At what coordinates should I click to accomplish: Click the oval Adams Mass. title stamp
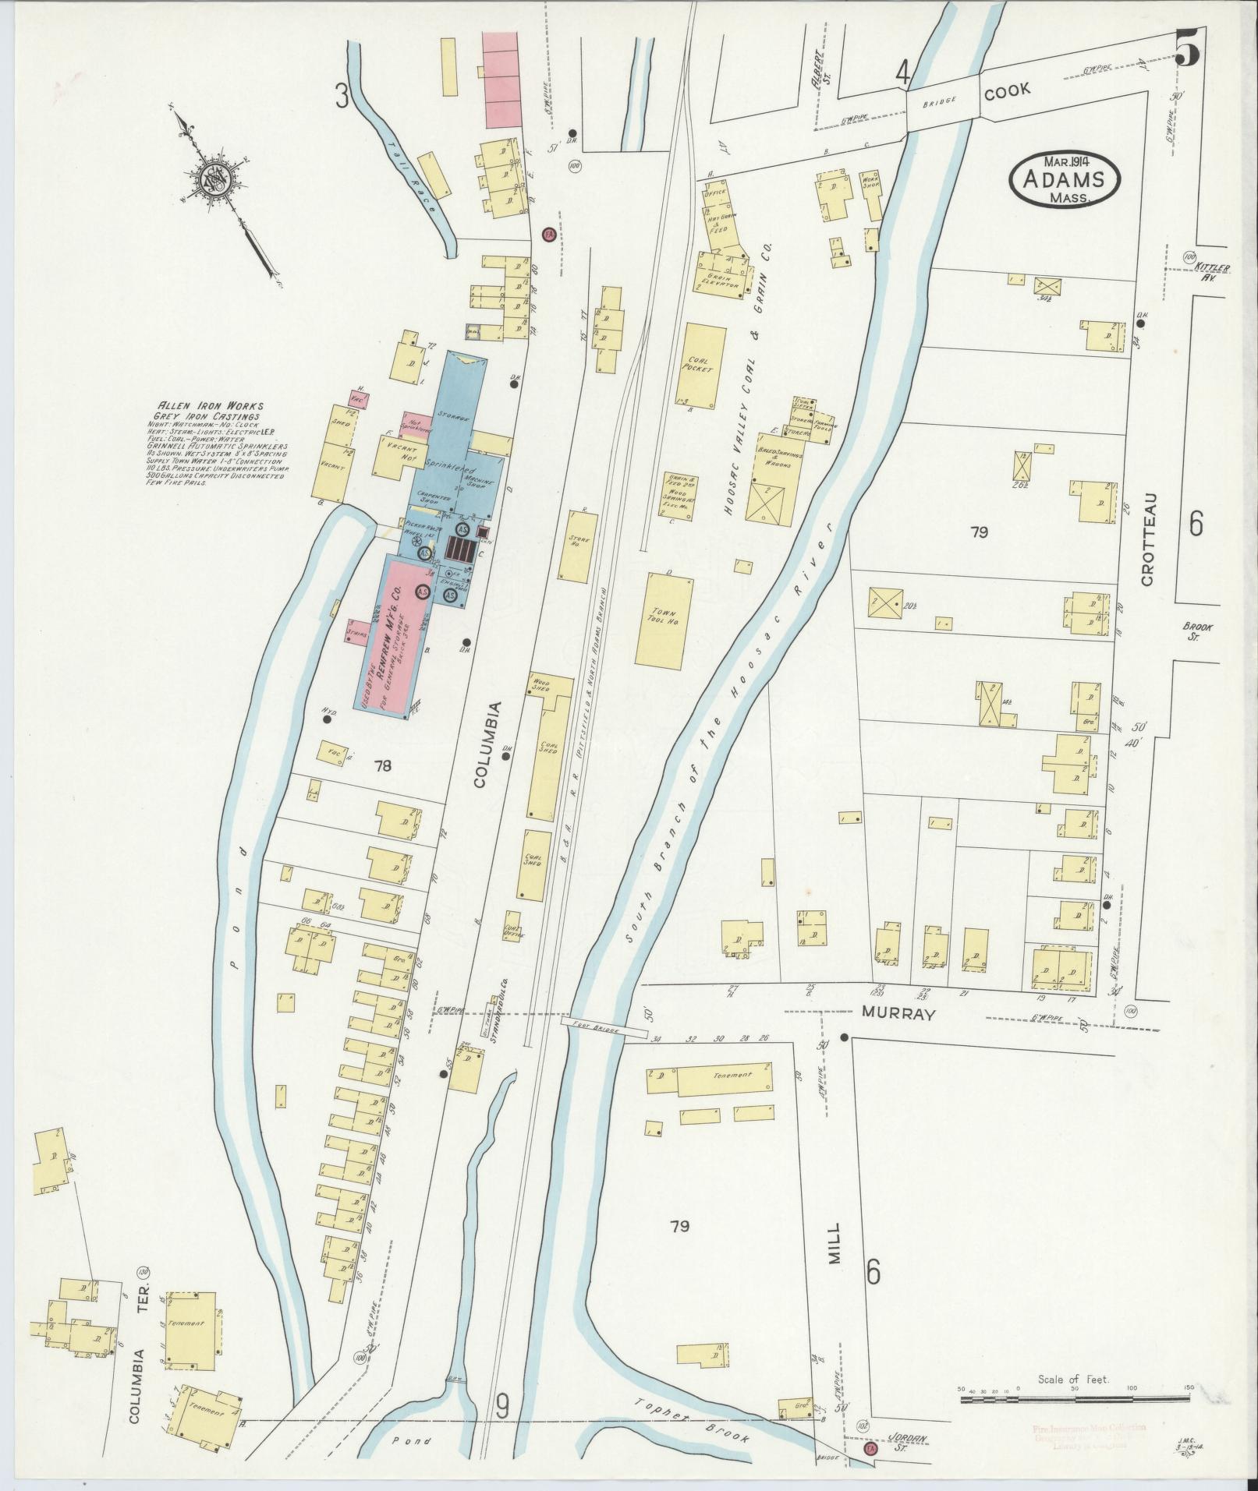click(1064, 180)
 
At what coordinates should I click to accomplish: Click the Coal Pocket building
click(703, 367)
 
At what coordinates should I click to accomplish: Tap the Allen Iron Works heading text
click(211, 405)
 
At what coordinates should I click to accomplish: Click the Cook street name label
click(1007, 90)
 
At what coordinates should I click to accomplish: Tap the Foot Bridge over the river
click(604, 1029)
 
